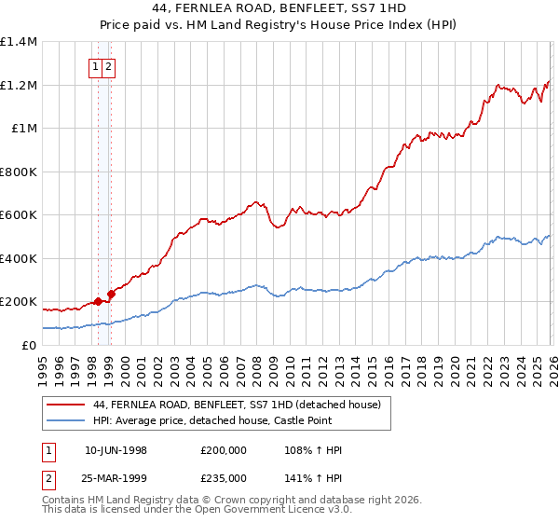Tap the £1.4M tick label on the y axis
(x=19, y=42)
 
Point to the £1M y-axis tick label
(x=24, y=129)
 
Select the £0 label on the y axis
(x=30, y=345)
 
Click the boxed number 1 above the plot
(x=97, y=66)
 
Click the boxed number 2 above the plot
(x=109, y=66)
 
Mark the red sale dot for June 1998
(x=98, y=302)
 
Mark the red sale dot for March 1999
(x=111, y=295)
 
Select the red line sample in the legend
(x=65, y=405)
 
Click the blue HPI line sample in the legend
(x=65, y=422)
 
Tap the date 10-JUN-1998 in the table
(x=116, y=450)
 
